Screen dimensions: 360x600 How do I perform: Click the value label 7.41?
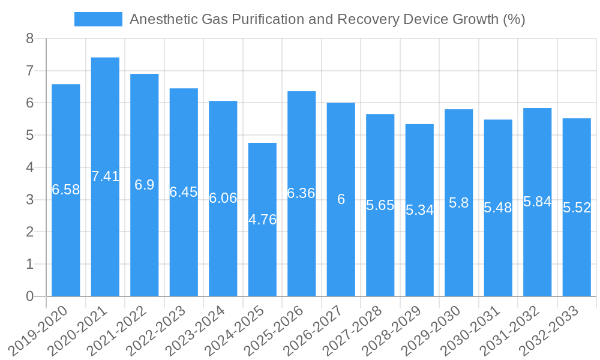(x=105, y=176)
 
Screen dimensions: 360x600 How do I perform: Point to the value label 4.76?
(x=262, y=220)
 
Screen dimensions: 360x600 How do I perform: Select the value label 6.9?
(x=145, y=185)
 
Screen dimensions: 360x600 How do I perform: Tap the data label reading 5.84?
(x=537, y=202)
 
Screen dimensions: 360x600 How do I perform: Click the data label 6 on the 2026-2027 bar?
(x=341, y=199)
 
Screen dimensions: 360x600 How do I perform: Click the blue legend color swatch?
(x=98, y=19)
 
